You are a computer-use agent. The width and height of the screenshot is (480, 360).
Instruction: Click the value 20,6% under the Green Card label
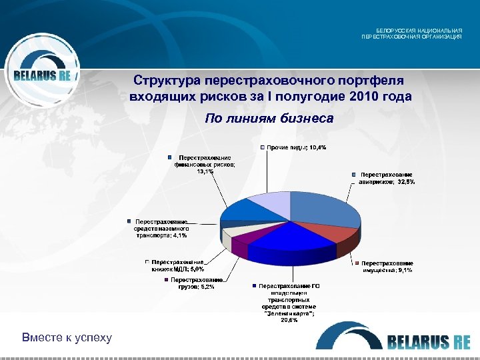click(289, 320)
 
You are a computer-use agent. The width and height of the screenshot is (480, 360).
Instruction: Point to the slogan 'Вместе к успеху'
click(67, 337)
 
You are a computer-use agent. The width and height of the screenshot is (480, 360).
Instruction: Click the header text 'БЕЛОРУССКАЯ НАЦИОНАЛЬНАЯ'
click(419, 31)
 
